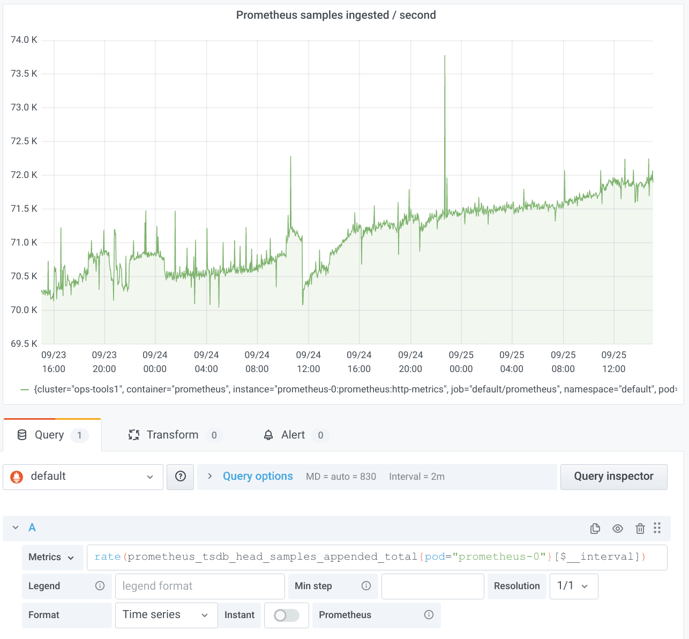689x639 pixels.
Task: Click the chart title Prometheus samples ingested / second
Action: [336, 15]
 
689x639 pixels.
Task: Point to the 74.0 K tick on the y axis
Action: [24, 40]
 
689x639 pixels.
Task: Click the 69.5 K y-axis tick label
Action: [24, 344]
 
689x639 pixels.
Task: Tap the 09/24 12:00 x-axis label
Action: [308, 362]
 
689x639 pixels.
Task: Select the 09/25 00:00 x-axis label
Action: [461, 362]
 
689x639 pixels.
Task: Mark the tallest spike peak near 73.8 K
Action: [445, 56]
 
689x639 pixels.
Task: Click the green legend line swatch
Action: [25, 389]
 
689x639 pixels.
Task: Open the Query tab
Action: [49, 435]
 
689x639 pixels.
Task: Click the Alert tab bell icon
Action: [268, 435]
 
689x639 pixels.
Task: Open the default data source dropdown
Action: [83, 477]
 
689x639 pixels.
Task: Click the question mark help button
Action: [181, 477]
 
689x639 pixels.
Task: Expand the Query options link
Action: [258, 477]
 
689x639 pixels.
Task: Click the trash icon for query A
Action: [640, 529]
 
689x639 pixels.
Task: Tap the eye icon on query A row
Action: [618, 529]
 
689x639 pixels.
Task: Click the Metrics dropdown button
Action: [52, 557]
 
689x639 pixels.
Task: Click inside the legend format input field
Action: [199, 586]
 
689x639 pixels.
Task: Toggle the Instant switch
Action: [286, 615]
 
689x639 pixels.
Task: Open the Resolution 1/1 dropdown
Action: [573, 586]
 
